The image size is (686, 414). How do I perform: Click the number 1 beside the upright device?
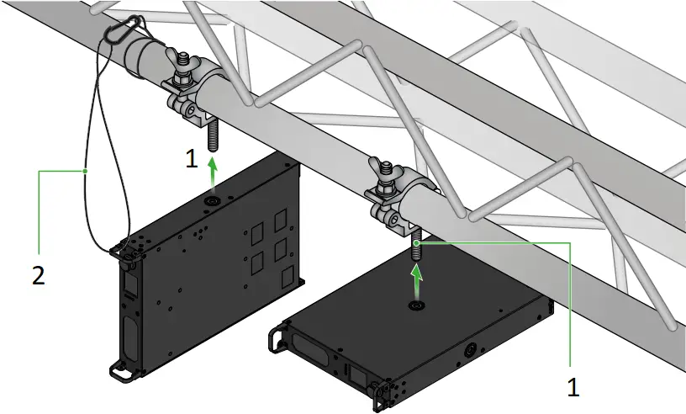coord(193,157)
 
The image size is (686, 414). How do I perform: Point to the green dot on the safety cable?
coord(85,172)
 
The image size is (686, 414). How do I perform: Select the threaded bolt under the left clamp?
coord(212,132)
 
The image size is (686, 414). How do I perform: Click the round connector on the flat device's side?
coord(470,348)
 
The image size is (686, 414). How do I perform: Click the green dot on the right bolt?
coord(417,241)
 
